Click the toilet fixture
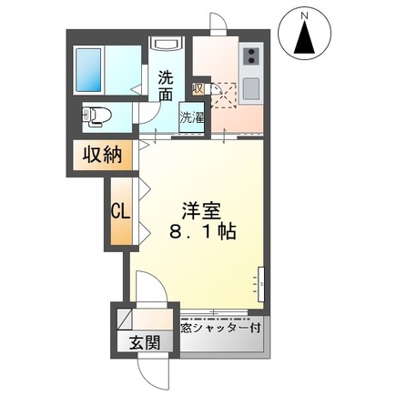pyautogui.click(x=97, y=116)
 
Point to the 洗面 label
pyautogui.click(x=166, y=84)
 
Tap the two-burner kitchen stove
pyautogui.click(x=249, y=60)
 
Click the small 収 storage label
pyautogui.click(x=198, y=88)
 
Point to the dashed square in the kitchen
pyautogui.click(x=224, y=92)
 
